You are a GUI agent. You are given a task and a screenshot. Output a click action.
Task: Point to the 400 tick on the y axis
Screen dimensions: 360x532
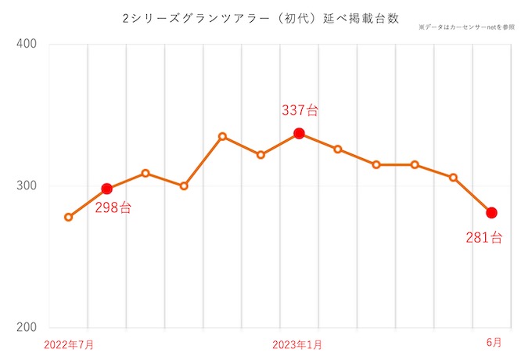(x=27, y=45)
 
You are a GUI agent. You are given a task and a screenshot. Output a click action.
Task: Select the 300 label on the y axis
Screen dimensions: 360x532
(x=27, y=186)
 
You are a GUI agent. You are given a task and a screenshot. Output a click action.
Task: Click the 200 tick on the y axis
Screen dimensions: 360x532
(x=27, y=328)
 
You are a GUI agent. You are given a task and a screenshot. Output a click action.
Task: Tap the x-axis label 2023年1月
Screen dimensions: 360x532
(x=297, y=344)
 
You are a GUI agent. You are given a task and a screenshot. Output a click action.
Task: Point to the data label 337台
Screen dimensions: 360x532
(x=300, y=110)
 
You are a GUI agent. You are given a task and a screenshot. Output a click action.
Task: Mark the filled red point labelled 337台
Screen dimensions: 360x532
(x=299, y=134)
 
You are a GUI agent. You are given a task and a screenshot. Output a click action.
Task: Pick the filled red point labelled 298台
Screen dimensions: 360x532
(x=107, y=189)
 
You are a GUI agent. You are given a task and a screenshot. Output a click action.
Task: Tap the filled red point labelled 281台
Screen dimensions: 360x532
(x=491, y=213)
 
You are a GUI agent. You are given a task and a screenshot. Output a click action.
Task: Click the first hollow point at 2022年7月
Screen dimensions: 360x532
(x=69, y=217)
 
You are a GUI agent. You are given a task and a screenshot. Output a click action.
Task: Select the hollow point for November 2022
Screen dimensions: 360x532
(x=222, y=136)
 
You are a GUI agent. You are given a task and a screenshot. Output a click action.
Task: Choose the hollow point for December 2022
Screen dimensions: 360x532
(x=261, y=155)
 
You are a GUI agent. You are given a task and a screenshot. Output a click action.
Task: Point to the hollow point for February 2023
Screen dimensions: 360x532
(x=338, y=149)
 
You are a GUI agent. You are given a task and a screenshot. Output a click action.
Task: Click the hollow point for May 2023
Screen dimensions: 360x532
(x=453, y=178)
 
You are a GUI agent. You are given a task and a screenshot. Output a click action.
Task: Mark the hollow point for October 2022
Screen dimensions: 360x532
(x=184, y=186)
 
